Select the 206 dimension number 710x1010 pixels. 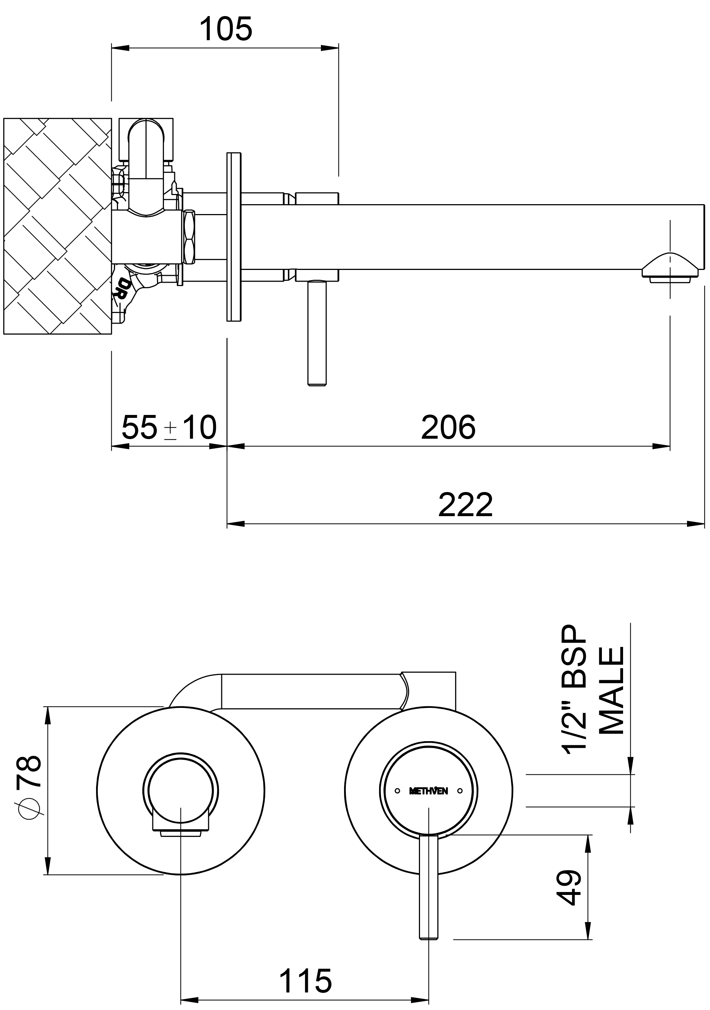448,427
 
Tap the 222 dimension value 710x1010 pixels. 465,505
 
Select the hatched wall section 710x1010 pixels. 57,226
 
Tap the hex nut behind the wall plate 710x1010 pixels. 190,237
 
